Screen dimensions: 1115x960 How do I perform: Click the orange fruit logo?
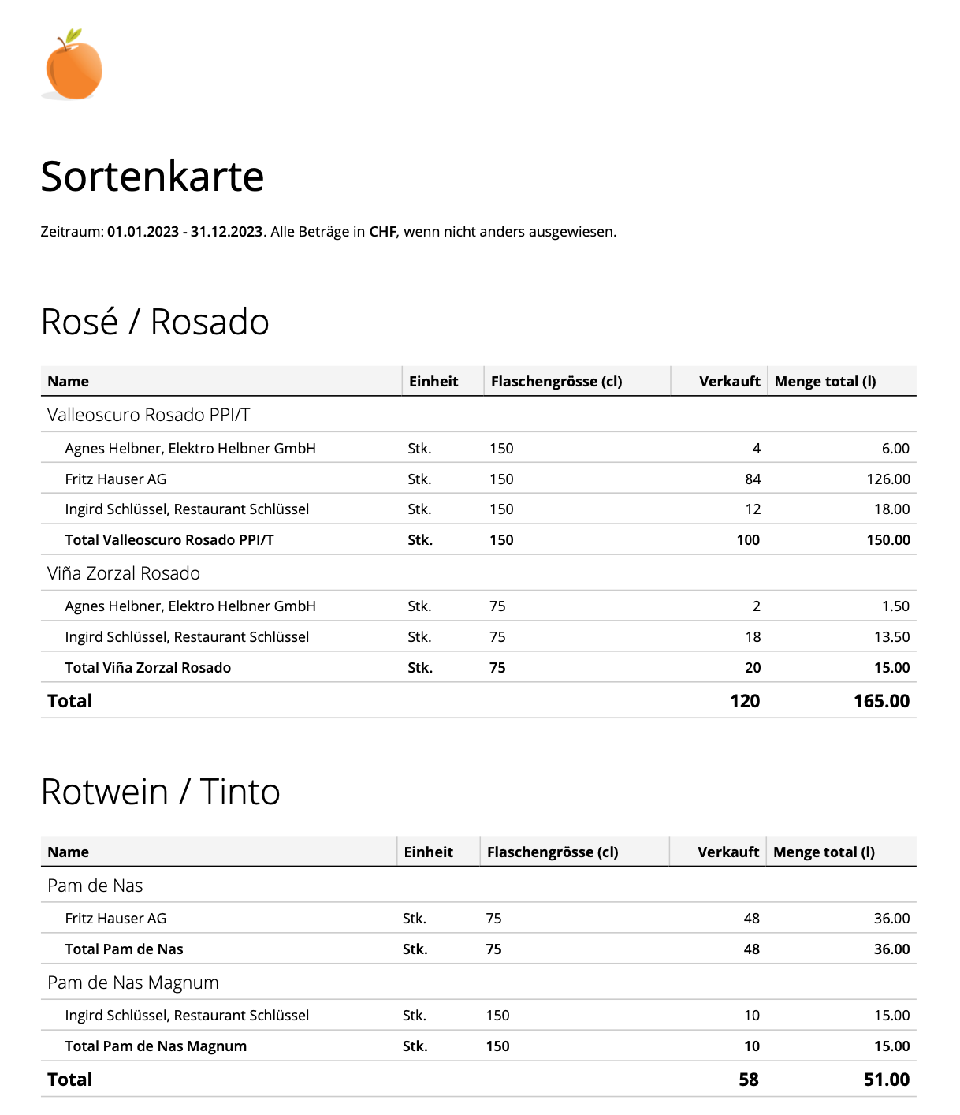click(73, 66)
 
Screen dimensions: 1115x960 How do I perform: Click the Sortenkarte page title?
click(152, 177)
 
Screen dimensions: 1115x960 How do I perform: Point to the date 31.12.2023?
click(226, 232)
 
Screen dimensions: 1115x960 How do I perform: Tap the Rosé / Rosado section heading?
click(154, 322)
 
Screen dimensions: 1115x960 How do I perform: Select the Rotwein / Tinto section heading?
click(160, 792)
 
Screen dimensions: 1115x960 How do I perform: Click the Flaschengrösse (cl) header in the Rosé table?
click(556, 382)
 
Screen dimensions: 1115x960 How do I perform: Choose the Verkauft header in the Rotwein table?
click(727, 852)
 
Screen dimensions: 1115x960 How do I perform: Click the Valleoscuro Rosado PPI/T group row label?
click(148, 415)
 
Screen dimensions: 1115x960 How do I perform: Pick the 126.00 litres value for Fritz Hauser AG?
click(888, 479)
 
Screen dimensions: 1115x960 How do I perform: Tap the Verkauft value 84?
click(753, 479)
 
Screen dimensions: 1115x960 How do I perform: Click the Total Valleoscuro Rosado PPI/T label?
click(169, 540)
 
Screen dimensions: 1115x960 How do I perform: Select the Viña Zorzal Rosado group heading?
click(124, 573)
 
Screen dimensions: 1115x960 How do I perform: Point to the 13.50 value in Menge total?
click(891, 637)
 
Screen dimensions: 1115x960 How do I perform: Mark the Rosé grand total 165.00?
click(881, 701)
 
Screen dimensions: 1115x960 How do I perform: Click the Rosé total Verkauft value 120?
click(745, 701)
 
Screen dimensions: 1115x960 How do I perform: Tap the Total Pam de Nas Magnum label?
click(156, 1046)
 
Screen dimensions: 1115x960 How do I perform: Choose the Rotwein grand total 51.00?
click(886, 1080)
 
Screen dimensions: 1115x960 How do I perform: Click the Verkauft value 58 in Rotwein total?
click(749, 1080)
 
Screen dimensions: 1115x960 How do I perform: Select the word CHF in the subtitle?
click(382, 232)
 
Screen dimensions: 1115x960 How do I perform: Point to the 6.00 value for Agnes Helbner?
click(895, 449)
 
